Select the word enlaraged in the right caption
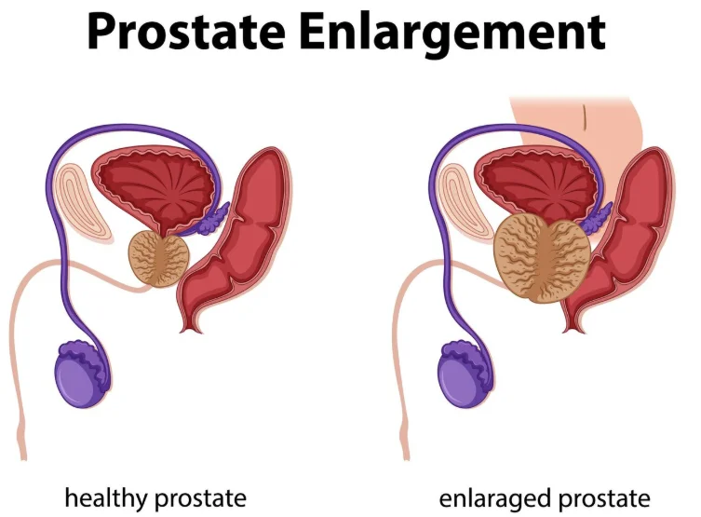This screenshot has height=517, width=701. (504, 497)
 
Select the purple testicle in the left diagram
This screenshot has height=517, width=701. (83, 378)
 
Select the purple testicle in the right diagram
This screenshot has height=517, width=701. (465, 377)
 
